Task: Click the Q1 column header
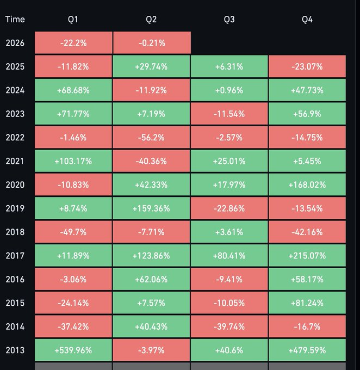click(73, 20)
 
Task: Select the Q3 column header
click(229, 20)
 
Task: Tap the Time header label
click(15, 20)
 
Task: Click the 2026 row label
click(15, 43)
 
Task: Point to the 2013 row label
click(15, 350)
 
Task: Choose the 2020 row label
click(15, 184)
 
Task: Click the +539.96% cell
click(73, 350)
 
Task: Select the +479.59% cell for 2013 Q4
click(307, 350)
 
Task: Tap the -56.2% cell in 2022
click(151, 138)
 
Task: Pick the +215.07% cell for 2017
click(307, 256)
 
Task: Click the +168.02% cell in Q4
click(307, 184)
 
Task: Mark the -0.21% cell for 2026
click(151, 43)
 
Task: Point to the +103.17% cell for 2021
click(73, 161)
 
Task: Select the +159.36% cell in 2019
click(151, 208)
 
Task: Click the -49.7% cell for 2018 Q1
click(73, 232)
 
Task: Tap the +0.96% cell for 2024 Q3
click(229, 90)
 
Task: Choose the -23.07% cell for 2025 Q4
click(307, 67)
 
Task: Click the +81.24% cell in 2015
click(307, 303)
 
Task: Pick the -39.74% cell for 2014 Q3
click(229, 326)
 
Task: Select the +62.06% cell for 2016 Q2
click(151, 279)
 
